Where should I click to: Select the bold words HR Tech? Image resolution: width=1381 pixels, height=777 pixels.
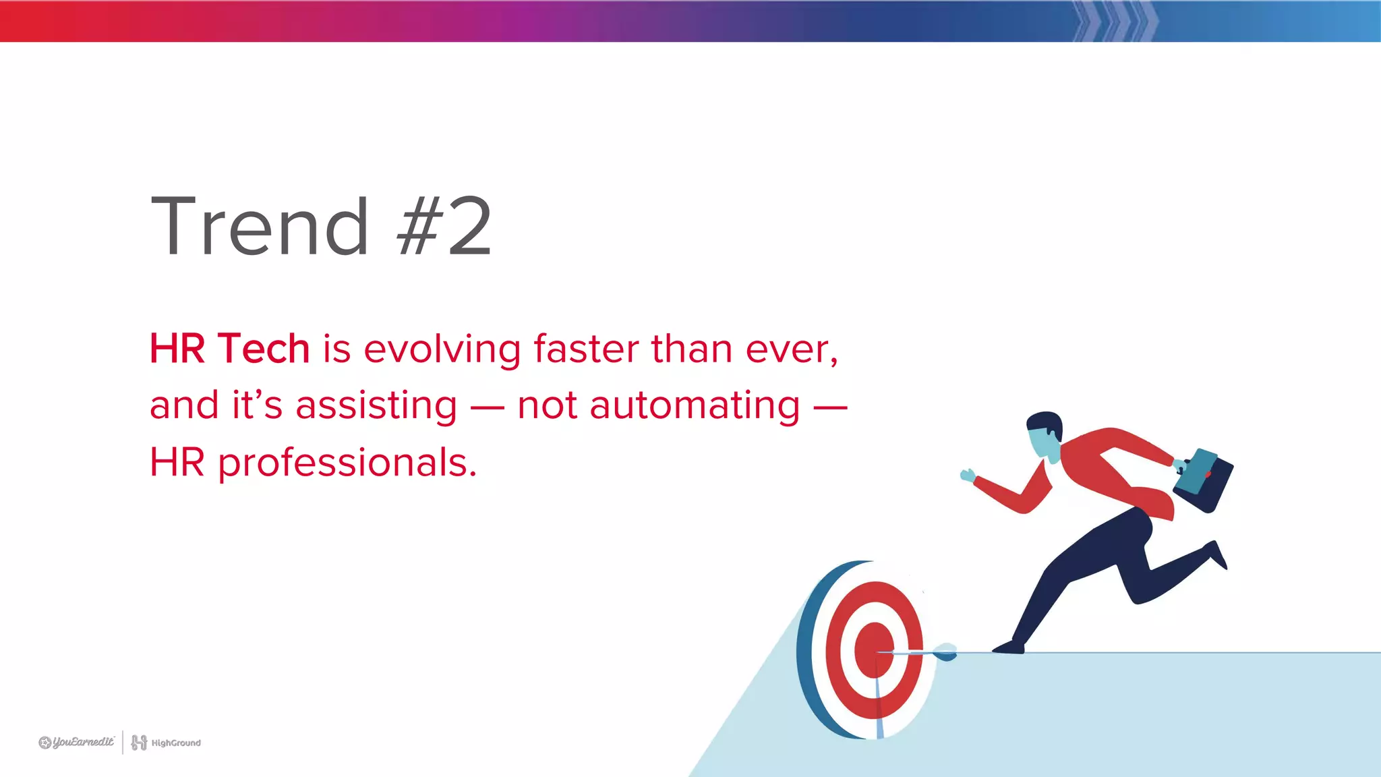229,349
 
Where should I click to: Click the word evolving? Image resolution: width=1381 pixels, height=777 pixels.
442,350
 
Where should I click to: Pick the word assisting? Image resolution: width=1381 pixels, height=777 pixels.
376,406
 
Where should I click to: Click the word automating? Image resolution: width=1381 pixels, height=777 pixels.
695,406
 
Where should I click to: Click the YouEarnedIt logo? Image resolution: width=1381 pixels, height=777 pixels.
77,743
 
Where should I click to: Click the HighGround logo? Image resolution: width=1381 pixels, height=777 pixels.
166,743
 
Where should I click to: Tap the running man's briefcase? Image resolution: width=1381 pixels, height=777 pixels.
1204,480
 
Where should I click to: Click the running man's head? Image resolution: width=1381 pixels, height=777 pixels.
1045,435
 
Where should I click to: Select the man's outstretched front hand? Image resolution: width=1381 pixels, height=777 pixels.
968,475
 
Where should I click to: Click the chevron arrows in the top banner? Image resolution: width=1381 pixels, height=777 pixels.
1113,21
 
